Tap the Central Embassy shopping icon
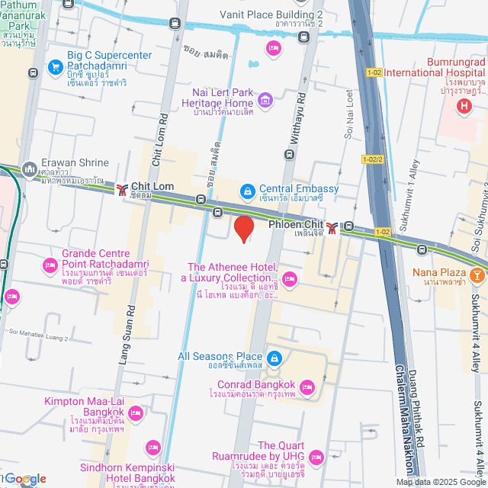[x=247, y=191]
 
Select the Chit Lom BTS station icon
[x=121, y=188]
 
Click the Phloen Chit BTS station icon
[x=332, y=226]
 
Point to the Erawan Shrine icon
[x=30, y=167]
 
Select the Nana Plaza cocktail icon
[x=477, y=272]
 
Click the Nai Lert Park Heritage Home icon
[x=265, y=98]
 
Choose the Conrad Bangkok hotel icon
[x=308, y=385]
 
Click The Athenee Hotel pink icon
[x=289, y=278]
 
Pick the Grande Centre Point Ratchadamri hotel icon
[x=50, y=265]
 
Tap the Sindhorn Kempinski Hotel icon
[x=152, y=447]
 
